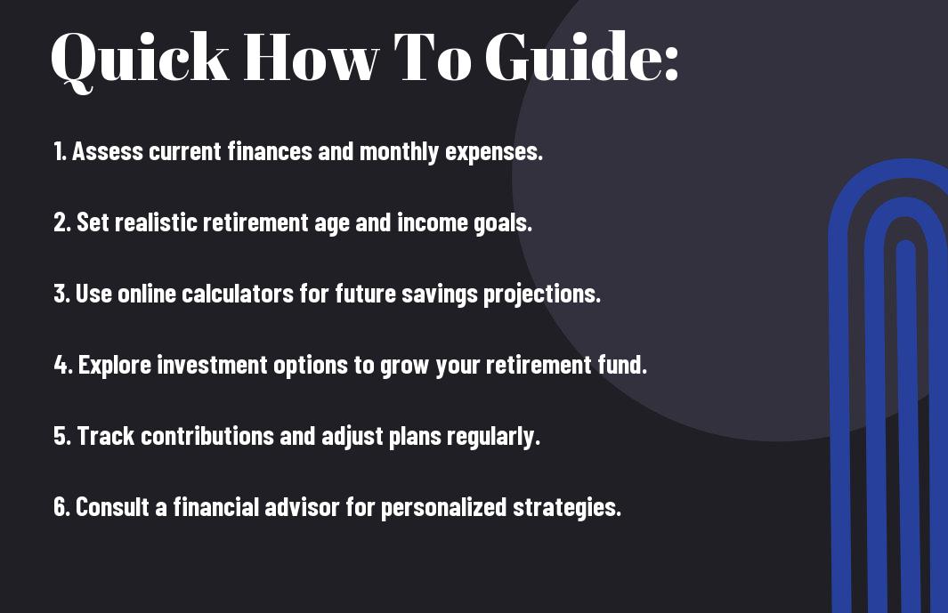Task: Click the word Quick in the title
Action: coord(140,59)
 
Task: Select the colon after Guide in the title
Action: coord(670,62)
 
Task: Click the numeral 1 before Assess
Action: coord(58,151)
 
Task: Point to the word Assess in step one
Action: coord(107,151)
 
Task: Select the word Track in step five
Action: coord(105,436)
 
